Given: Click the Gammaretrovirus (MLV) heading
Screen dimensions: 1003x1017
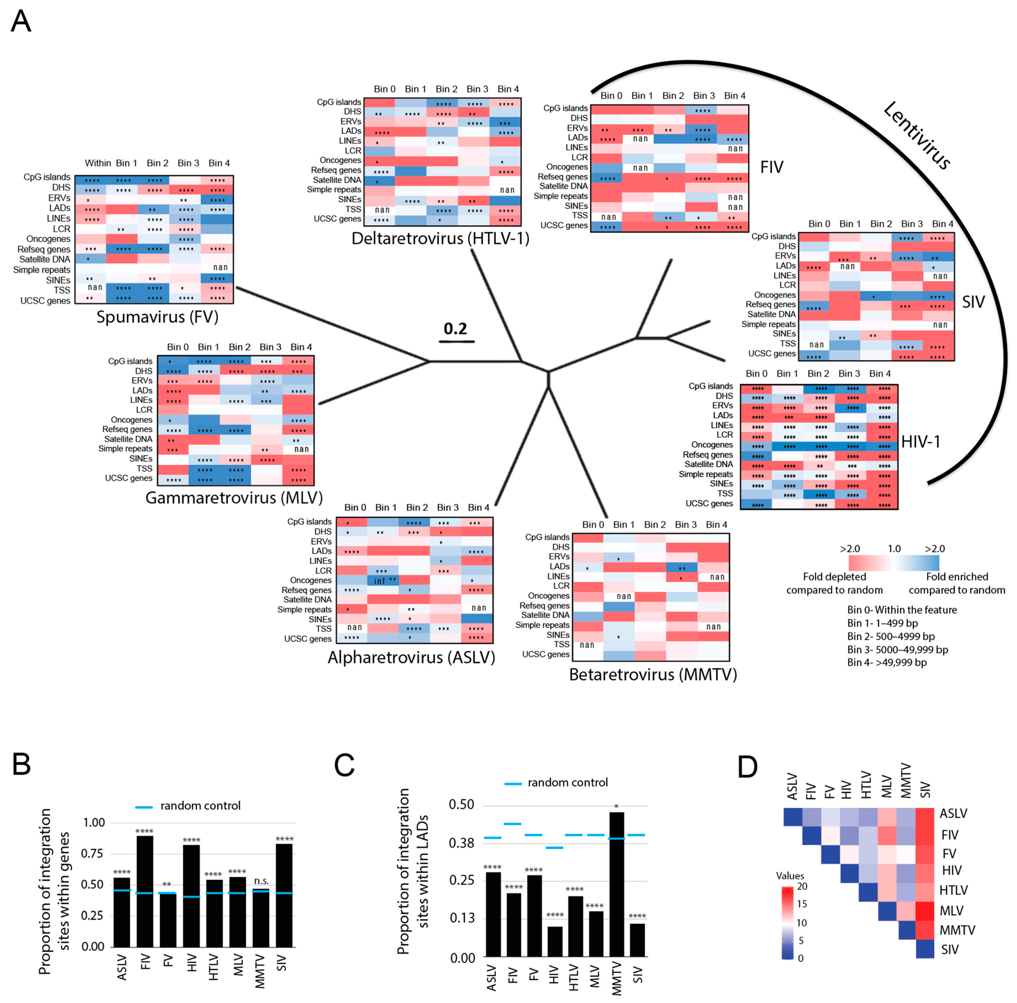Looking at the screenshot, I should click(234, 498).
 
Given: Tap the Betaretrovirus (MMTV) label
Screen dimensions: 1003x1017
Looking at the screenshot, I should click(653, 675).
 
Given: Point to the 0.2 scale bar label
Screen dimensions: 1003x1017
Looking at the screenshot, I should click(455, 328).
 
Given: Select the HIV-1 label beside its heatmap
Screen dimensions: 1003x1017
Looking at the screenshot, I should click(921, 441).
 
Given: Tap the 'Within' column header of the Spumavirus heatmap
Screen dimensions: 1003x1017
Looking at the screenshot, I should click(98, 163).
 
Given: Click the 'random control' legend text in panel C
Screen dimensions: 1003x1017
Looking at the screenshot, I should click(568, 782).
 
